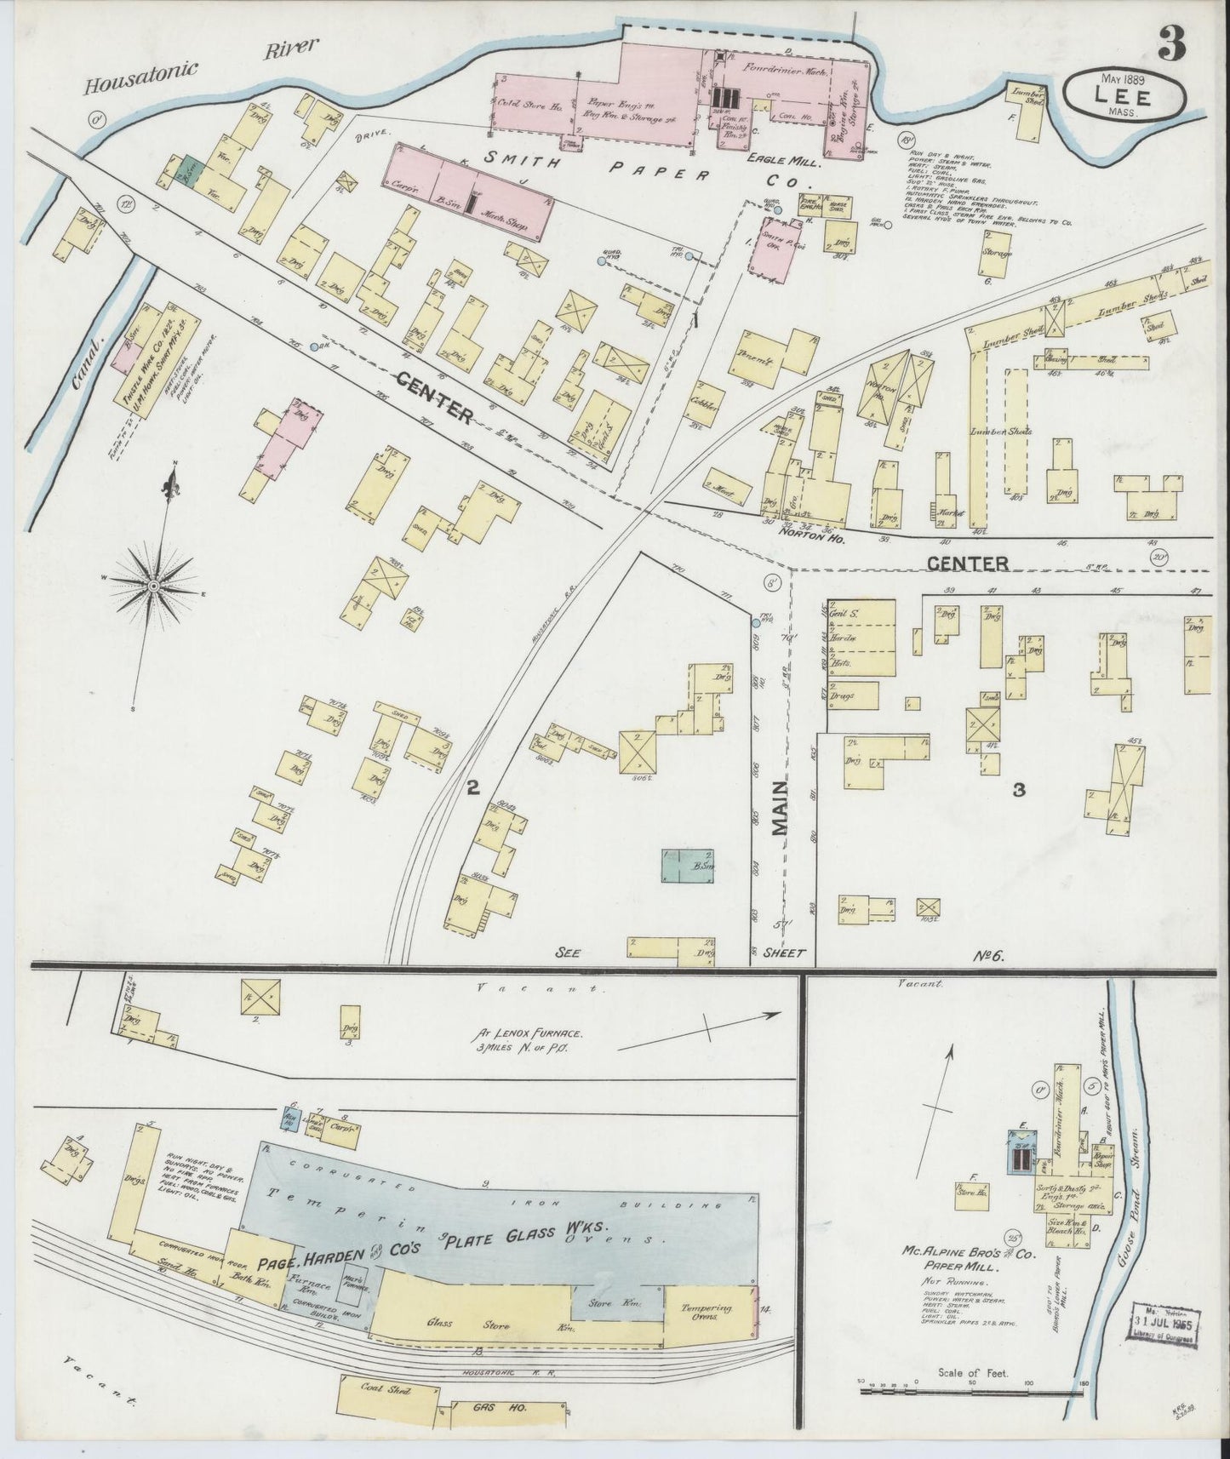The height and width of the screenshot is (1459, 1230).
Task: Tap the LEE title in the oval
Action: [1124, 95]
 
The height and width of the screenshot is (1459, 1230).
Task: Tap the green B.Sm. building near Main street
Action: [688, 866]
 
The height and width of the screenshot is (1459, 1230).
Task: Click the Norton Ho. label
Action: [805, 529]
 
